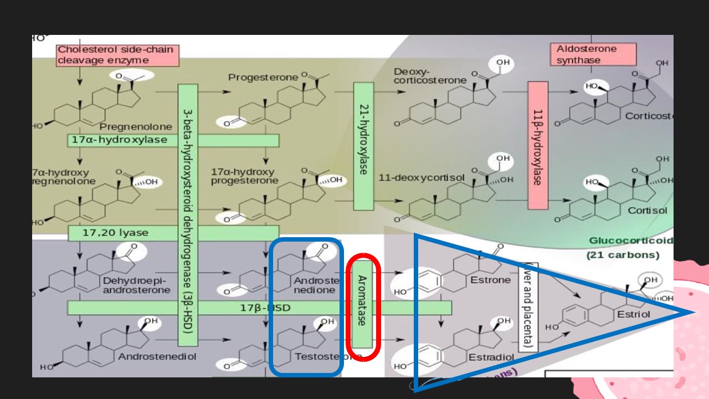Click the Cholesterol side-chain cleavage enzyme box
(x=117, y=55)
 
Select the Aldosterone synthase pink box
(x=587, y=54)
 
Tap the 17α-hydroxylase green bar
(x=173, y=140)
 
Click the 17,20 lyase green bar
(x=173, y=233)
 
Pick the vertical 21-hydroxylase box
(x=363, y=146)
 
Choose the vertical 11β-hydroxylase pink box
(x=537, y=145)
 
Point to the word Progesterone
(x=263, y=78)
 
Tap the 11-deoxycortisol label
(x=413, y=178)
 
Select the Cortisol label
(x=647, y=211)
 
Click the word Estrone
(x=490, y=280)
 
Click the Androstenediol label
(x=157, y=356)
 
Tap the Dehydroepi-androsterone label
(x=136, y=285)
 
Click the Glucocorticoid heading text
(x=630, y=241)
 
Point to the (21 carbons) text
(x=623, y=255)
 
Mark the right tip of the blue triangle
(x=694, y=313)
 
